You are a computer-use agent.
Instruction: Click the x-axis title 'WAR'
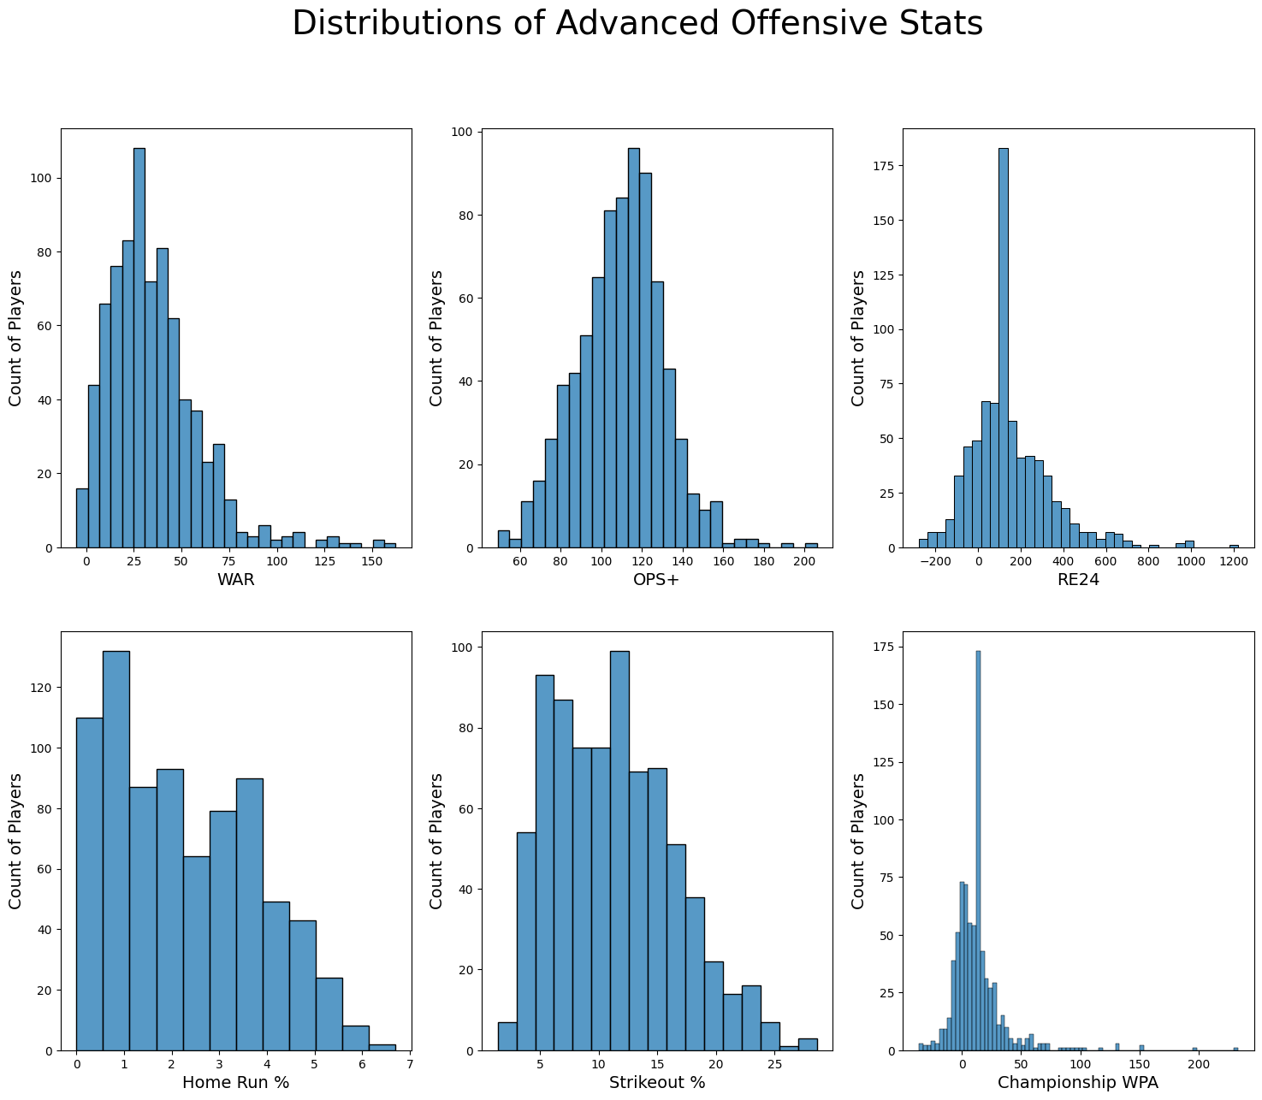click(235, 580)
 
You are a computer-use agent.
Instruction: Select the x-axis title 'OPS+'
click(656, 580)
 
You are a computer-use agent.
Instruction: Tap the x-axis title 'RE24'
click(1077, 580)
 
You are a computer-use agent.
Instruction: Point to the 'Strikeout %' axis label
click(656, 1083)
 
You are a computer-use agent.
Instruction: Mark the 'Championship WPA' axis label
click(1077, 1083)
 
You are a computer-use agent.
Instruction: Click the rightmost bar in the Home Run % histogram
click(382, 1047)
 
